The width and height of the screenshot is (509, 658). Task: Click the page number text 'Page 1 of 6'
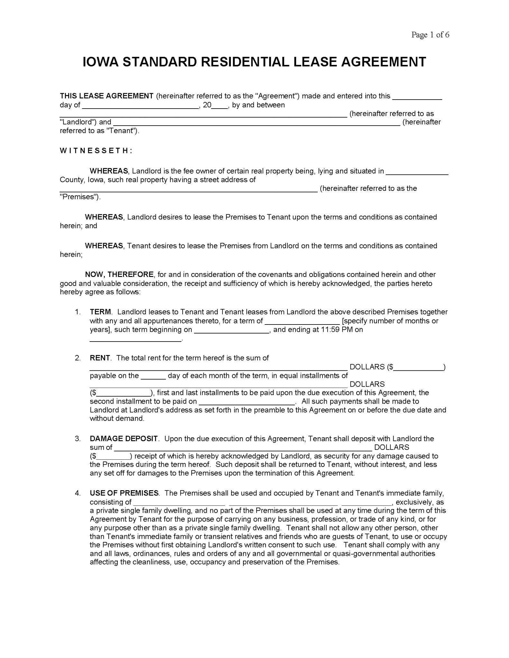(x=430, y=35)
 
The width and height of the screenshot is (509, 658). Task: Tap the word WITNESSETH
(x=96, y=151)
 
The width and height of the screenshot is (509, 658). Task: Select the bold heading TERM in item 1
(x=100, y=312)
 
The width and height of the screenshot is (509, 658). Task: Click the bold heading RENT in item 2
(x=100, y=358)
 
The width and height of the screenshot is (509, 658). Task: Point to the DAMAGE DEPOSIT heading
(x=124, y=439)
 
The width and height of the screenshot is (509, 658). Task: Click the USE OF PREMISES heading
(x=124, y=493)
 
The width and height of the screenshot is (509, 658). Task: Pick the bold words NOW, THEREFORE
(x=119, y=274)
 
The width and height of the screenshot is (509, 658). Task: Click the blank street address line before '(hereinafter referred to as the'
(x=188, y=189)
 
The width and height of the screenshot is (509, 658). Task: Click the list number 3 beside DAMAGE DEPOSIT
(x=78, y=439)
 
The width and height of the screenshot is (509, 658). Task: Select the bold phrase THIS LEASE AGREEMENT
(x=107, y=96)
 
